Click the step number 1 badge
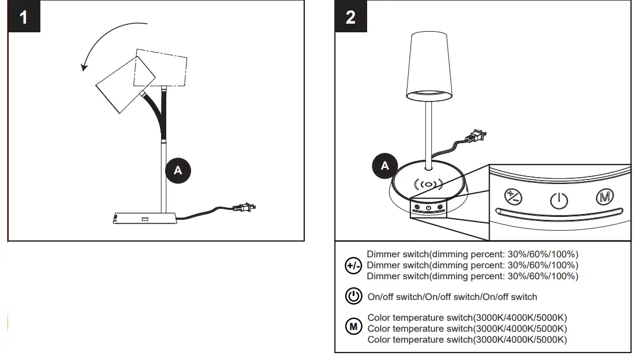coord(23,17)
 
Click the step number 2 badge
coord(350,17)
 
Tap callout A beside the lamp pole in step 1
coord(178,170)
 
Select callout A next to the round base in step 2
coord(385,166)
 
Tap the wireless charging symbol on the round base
coord(427,185)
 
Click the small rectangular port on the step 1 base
coord(144,218)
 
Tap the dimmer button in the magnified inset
coord(513,196)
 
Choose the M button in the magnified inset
coord(605,196)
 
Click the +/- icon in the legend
coord(353,265)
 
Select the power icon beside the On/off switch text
coord(353,297)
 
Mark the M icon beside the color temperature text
coord(353,327)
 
